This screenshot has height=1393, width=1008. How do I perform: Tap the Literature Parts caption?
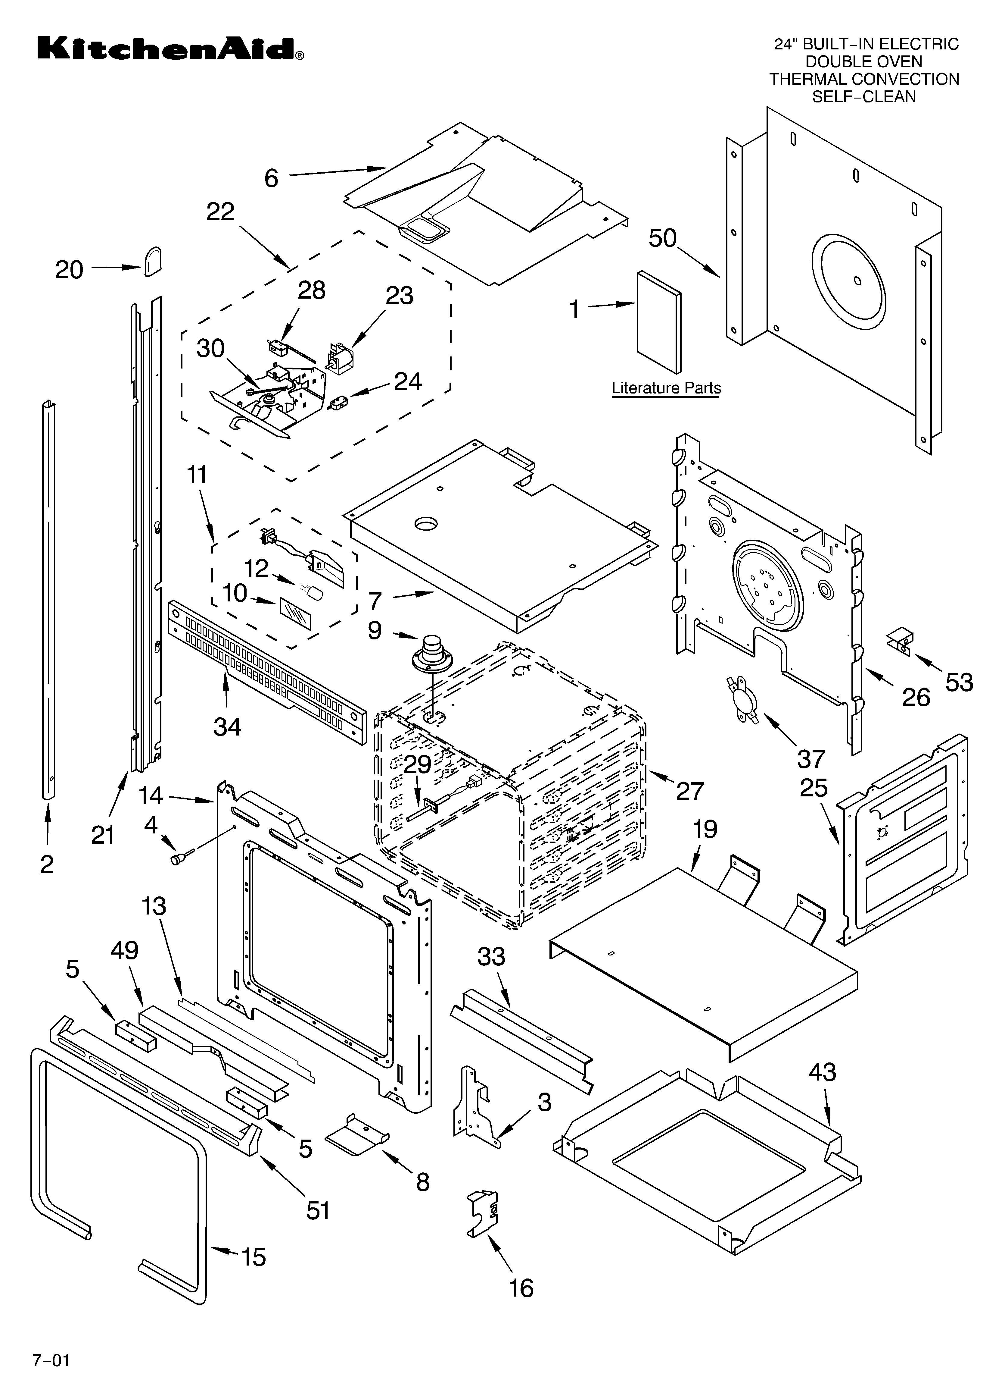(x=666, y=388)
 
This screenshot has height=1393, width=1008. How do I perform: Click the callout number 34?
(x=227, y=726)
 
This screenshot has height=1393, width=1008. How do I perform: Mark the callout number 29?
(x=418, y=765)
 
